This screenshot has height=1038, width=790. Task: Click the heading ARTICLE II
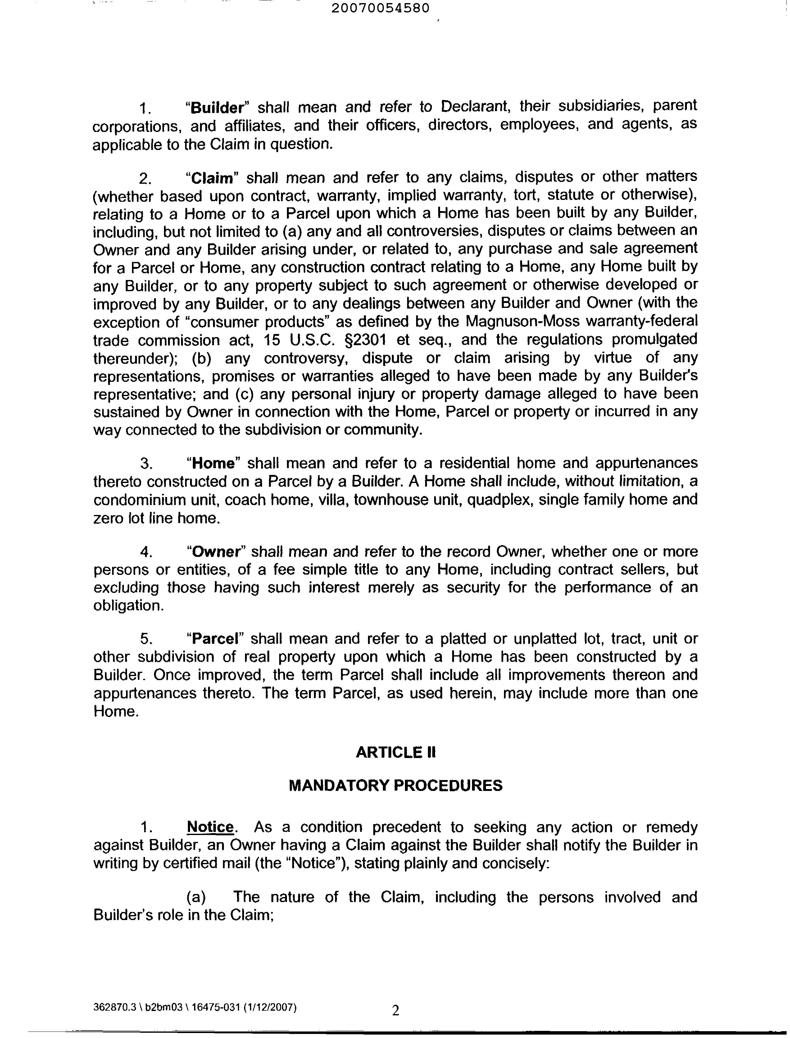tap(396, 753)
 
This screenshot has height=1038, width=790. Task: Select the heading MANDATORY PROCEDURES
tap(396, 786)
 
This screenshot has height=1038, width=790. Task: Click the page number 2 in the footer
tap(396, 1010)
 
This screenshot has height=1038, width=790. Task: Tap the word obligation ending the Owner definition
tap(128, 606)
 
